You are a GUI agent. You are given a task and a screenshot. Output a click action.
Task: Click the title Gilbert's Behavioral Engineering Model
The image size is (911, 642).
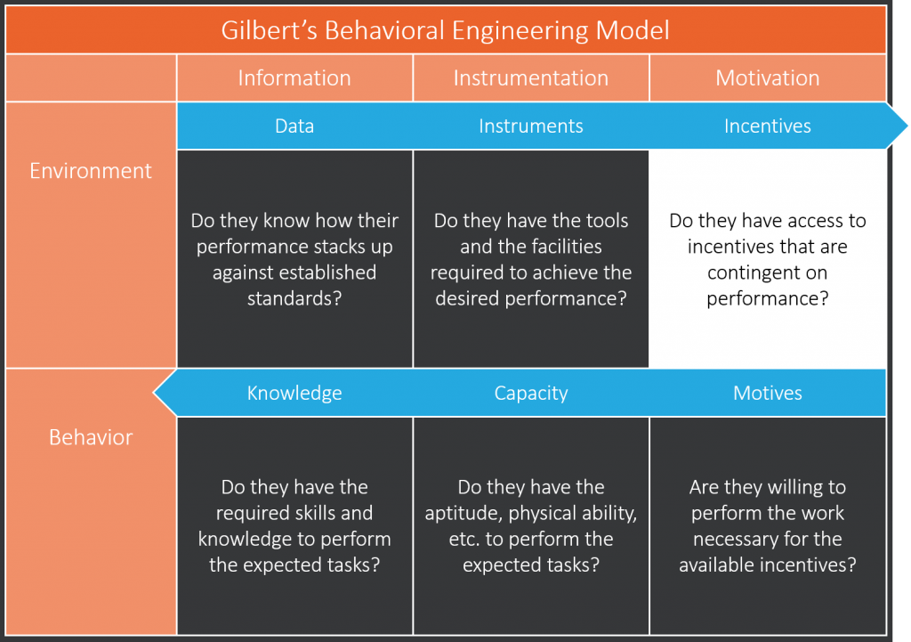pyautogui.click(x=445, y=30)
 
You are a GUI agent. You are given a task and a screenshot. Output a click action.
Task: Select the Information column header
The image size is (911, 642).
pyautogui.click(x=294, y=78)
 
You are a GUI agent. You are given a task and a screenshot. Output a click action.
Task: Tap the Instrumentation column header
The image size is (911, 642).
pyautogui.click(x=531, y=78)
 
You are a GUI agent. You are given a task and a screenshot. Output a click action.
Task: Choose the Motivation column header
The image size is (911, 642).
pyautogui.click(x=768, y=78)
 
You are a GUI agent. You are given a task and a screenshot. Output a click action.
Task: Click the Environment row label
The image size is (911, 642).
pyautogui.click(x=91, y=170)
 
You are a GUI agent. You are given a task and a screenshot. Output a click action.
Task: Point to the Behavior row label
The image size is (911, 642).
pyautogui.click(x=91, y=436)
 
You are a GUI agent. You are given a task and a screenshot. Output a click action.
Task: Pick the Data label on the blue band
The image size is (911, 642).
pyautogui.click(x=294, y=126)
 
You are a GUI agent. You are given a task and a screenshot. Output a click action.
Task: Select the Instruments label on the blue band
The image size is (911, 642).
pyautogui.click(x=531, y=126)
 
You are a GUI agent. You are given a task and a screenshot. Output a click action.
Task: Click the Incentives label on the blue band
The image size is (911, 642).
pyautogui.click(x=768, y=126)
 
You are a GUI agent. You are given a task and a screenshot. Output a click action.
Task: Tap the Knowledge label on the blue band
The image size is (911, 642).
pyautogui.click(x=294, y=393)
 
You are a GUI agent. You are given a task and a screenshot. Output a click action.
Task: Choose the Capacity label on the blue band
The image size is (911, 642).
pyautogui.click(x=531, y=393)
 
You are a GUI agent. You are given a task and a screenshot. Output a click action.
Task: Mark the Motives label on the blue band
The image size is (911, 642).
pyautogui.click(x=768, y=393)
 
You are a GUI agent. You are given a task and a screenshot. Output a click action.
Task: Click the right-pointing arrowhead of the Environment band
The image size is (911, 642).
pyautogui.click(x=899, y=126)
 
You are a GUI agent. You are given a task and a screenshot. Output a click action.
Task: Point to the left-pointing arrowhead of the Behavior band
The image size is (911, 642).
pyautogui.click(x=164, y=393)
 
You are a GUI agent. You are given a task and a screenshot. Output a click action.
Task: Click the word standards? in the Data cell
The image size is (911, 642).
pyautogui.click(x=294, y=298)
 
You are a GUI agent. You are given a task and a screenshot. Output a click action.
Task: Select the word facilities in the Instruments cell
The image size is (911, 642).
pyautogui.click(x=560, y=247)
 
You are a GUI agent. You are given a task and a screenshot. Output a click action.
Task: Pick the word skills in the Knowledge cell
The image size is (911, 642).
pyautogui.click(x=315, y=513)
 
